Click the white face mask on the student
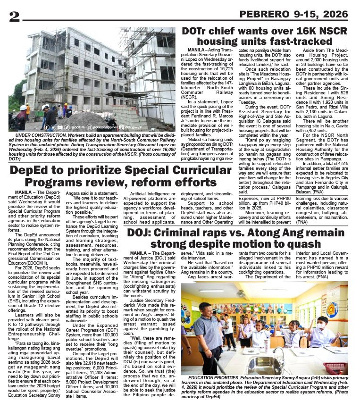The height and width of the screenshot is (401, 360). [321, 326]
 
